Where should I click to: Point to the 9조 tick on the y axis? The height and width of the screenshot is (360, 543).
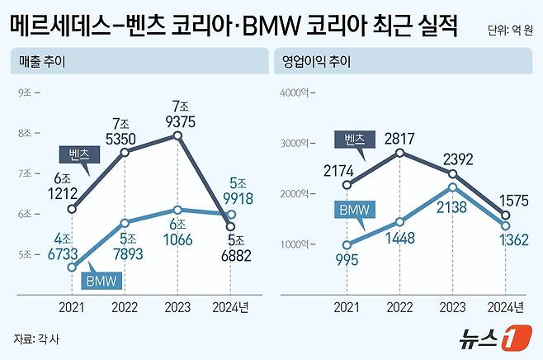point(24,92)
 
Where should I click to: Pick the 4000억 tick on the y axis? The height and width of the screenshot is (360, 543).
point(295,92)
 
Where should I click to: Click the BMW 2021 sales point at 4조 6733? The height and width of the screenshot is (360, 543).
point(73,267)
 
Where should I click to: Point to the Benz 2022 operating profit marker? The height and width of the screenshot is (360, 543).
point(400,153)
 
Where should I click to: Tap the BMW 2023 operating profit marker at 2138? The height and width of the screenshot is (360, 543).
point(453,187)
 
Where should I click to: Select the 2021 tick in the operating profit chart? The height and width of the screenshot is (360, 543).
point(347,307)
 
